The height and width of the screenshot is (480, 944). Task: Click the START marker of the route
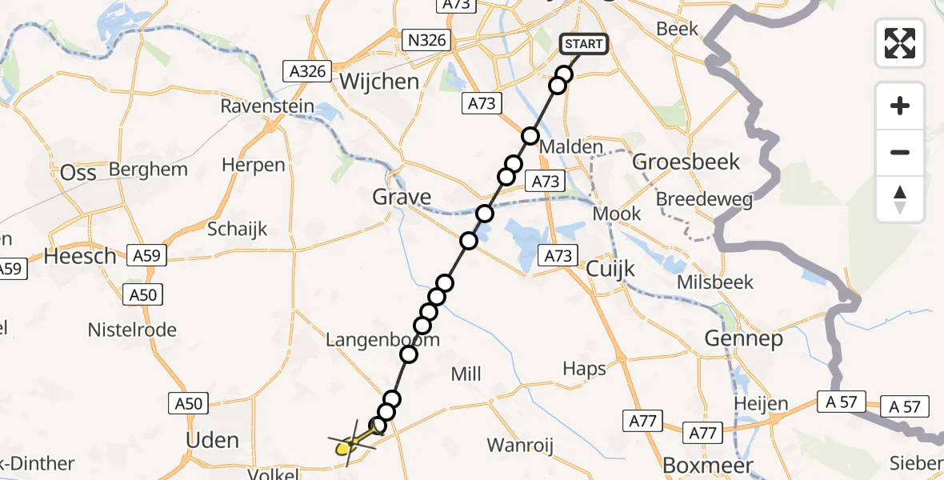(x=583, y=44)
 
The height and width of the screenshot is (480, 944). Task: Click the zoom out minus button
(x=900, y=152)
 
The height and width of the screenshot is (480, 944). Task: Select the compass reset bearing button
(x=900, y=199)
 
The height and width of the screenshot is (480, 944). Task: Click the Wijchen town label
(x=379, y=82)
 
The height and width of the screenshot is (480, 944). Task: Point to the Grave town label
(x=402, y=197)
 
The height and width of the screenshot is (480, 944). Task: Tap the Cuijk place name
(x=610, y=269)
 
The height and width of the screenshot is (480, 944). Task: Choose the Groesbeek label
(x=686, y=162)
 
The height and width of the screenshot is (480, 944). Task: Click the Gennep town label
(x=743, y=339)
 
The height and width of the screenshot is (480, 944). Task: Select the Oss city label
(x=78, y=172)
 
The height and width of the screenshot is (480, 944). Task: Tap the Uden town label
(x=212, y=440)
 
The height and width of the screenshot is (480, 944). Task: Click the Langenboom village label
(x=382, y=340)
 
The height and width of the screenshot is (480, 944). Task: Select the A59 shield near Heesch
(x=146, y=256)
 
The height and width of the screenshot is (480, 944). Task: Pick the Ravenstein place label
(x=267, y=107)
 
